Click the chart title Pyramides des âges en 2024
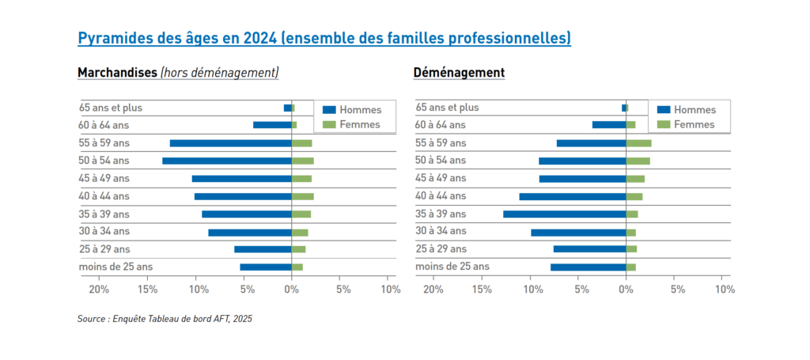click(x=324, y=38)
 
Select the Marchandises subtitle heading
click(x=118, y=73)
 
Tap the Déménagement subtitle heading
click(x=459, y=73)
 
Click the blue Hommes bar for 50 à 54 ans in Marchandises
click(x=227, y=161)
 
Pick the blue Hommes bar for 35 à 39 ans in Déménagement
click(x=565, y=214)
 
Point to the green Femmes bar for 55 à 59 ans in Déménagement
click(x=639, y=143)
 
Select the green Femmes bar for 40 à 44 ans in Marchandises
click(x=303, y=196)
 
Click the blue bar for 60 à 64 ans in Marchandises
click(x=272, y=125)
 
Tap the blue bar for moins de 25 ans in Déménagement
click(x=589, y=267)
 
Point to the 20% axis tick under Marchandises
click(x=98, y=290)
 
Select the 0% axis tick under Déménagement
click(x=626, y=290)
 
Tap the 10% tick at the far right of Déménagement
click(x=724, y=290)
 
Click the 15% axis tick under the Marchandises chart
click(x=148, y=290)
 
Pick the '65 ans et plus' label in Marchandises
click(x=110, y=108)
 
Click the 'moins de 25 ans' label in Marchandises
click(x=115, y=267)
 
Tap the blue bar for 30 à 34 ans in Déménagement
click(x=578, y=232)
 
